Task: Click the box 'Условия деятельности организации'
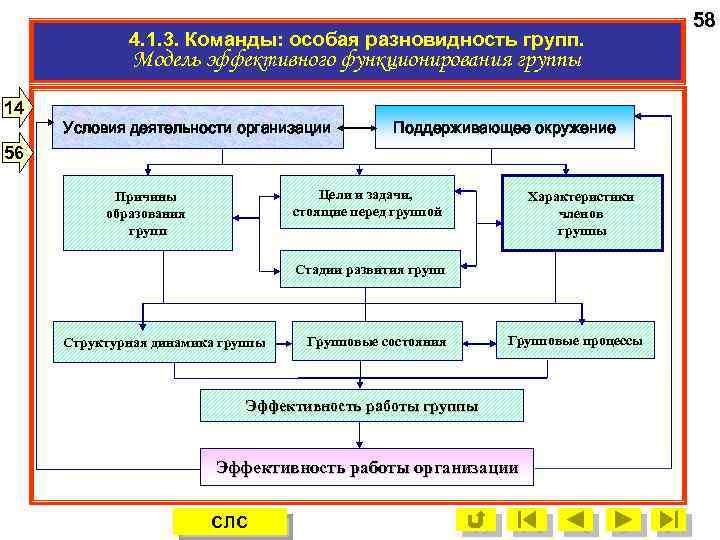pos(197,127)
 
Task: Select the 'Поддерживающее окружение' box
pos(504,127)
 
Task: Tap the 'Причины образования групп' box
pos(148,213)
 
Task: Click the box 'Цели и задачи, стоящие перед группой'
pos(367,201)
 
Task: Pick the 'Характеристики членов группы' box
pos(581,213)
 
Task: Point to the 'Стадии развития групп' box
pos(370,269)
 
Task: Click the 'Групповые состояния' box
pos(376,341)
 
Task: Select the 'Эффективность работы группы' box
pos(361,406)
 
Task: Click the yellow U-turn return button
pos(477,520)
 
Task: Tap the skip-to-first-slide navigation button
pos(527,520)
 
